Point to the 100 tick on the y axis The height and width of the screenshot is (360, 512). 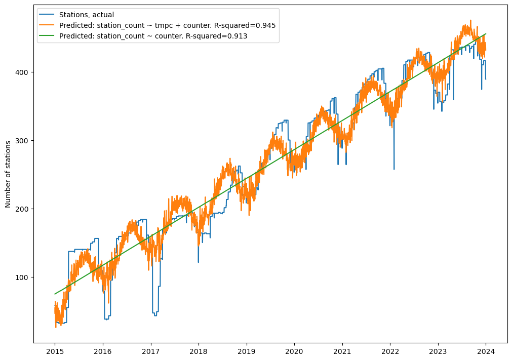23,277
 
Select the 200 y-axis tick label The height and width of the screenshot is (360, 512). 23,209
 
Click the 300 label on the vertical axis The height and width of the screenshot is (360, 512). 23,141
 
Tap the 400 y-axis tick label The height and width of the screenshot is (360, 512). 23,72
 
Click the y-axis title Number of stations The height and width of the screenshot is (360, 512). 8,174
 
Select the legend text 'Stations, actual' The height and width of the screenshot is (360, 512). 87,15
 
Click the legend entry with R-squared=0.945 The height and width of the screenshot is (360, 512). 167,25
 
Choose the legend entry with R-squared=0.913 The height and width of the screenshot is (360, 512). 153,36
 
